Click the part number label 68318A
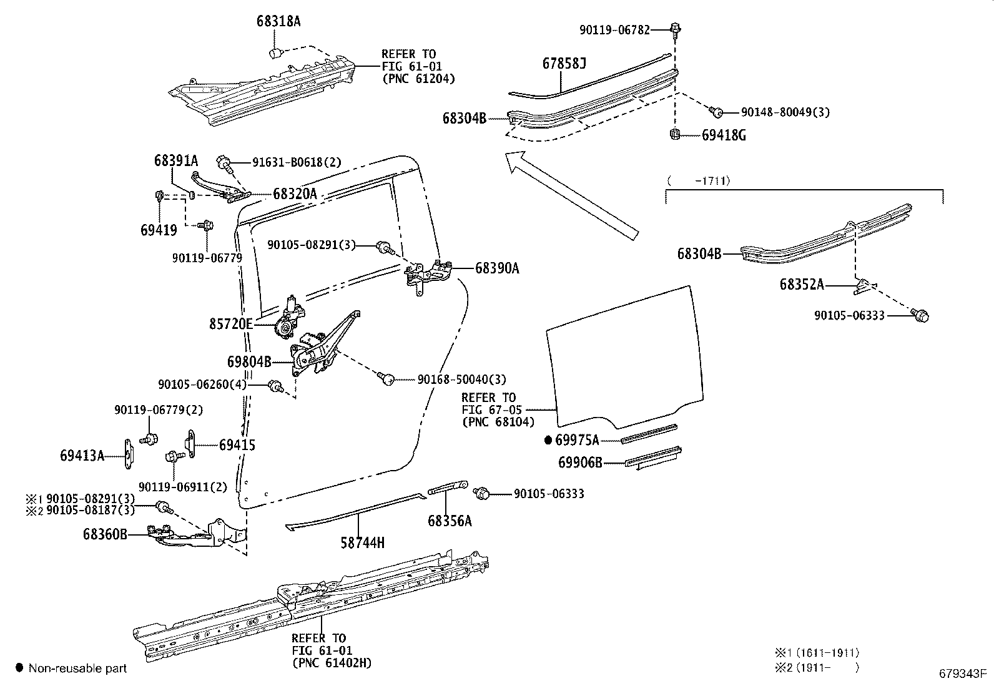pyautogui.click(x=278, y=21)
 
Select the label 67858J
pyautogui.click(x=564, y=64)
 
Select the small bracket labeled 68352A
pyautogui.click(x=864, y=286)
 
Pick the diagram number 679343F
pyautogui.click(x=962, y=674)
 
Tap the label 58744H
pyautogui.click(x=362, y=543)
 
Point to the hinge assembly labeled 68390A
pyautogui.click(x=431, y=275)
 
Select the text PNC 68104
pyautogui.click(x=498, y=422)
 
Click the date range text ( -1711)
pyautogui.click(x=699, y=181)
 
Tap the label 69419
pyautogui.click(x=159, y=230)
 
